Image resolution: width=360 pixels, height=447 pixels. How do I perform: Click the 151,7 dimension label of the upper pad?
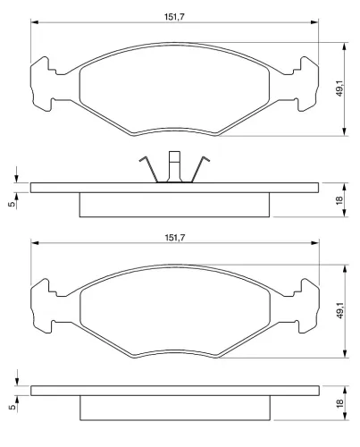tap(174, 17)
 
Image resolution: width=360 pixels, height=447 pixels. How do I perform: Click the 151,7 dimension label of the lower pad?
tap(174, 238)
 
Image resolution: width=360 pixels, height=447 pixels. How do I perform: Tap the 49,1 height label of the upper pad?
tap(340, 89)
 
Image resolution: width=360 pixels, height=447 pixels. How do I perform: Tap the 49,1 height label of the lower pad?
tap(340, 310)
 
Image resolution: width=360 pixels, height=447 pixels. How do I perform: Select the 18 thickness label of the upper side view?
tap(339, 200)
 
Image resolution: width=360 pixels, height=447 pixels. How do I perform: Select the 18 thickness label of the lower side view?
tap(339, 403)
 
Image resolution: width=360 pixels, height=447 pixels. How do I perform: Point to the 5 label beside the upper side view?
tap(12, 204)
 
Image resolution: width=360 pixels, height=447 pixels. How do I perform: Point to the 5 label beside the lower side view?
tap(12, 407)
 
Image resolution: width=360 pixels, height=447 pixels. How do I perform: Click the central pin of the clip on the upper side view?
tap(174, 166)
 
